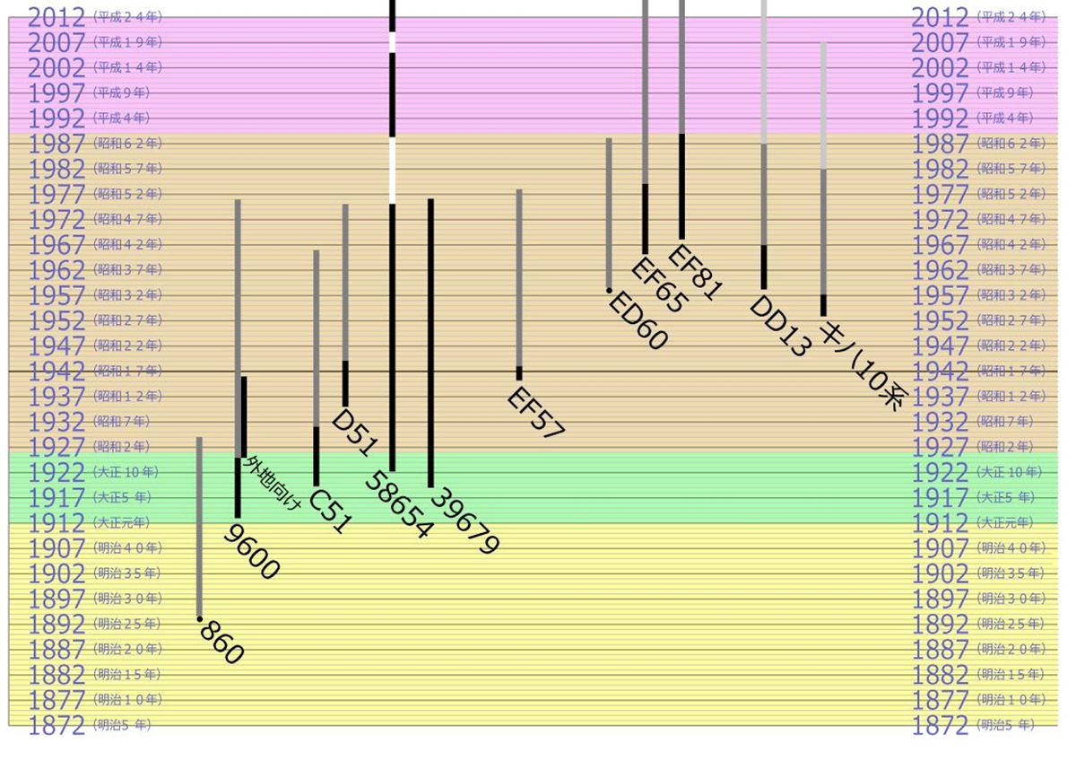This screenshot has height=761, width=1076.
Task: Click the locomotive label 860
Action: pyautogui.click(x=221, y=643)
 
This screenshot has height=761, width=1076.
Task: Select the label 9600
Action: pyautogui.click(x=252, y=553)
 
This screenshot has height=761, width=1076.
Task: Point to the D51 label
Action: pyautogui.click(x=353, y=433)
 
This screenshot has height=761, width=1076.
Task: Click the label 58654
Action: pyautogui.click(x=398, y=506)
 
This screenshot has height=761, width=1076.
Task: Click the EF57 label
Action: pyautogui.click(x=536, y=413)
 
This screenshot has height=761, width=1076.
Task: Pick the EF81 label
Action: pyautogui.click(x=695, y=272)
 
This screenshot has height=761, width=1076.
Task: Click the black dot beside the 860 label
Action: pyautogui.click(x=199, y=618)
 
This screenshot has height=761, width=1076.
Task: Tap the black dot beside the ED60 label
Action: pyautogui.click(x=609, y=291)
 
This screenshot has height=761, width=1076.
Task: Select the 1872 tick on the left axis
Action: pyautogui.click(x=56, y=725)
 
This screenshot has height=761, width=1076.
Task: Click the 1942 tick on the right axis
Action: pyautogui.click(x=941, y=371)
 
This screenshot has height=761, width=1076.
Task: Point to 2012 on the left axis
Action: pyautogui.click(x=56, y=17)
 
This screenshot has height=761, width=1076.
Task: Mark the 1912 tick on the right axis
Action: pyautogui.click(x=941, y=522)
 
